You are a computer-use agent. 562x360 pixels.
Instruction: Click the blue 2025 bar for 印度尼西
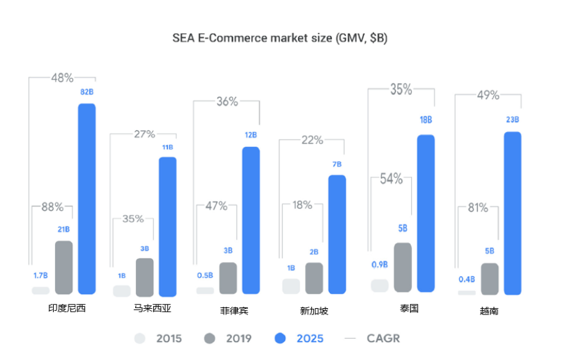click(87, 199)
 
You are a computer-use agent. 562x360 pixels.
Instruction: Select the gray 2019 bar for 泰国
click(402, 267)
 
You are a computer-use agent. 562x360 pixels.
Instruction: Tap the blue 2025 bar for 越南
click(512, 213)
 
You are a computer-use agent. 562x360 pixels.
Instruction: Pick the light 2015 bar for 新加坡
click(291, 286)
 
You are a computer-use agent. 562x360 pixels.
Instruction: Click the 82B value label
click(87, 92)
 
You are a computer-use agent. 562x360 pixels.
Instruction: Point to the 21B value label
click(63, 229)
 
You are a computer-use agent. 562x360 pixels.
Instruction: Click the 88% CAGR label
click(52, 207)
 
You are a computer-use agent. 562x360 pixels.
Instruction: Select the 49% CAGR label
click(488, 95)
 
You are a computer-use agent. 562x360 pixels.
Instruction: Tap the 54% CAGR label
click(391, 179)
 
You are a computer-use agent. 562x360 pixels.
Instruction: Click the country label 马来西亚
click(152, 309)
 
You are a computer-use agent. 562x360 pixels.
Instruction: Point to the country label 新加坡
click(314, 311)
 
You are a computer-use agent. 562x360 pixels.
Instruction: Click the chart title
click(280, 38)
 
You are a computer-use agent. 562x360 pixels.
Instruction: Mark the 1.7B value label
click(40, 276)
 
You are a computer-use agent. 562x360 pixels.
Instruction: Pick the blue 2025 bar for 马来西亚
click(167, 227)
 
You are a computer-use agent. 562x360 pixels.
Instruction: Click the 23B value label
click(512, 120)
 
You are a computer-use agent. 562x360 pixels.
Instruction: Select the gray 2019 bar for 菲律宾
click(227, 278)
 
